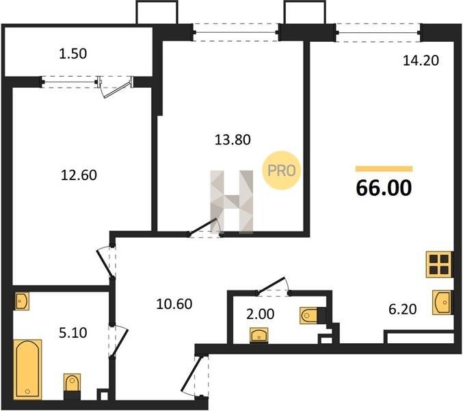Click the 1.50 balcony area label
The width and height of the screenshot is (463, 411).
73,54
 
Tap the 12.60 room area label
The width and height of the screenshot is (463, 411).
79,175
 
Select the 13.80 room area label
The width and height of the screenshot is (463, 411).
233,140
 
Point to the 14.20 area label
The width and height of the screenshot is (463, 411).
421,60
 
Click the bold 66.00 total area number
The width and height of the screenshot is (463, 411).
384,188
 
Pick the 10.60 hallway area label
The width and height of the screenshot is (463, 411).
174,304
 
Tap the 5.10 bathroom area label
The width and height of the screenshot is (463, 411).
73,333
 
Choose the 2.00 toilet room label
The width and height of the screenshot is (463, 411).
260,314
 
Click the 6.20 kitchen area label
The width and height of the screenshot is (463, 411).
402,310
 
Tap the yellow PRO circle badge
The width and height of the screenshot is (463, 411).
281,171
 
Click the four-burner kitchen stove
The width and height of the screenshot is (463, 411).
439,264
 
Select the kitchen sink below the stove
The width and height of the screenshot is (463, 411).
442,303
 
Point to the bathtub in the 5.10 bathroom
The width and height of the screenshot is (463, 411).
27,369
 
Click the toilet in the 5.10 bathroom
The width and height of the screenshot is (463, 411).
72,386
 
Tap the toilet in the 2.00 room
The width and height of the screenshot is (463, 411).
313,316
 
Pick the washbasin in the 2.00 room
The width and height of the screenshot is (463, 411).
259,335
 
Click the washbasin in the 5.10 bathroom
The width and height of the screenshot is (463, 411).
22,301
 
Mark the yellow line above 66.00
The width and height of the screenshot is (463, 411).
384,169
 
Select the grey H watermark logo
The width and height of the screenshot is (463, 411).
231,202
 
